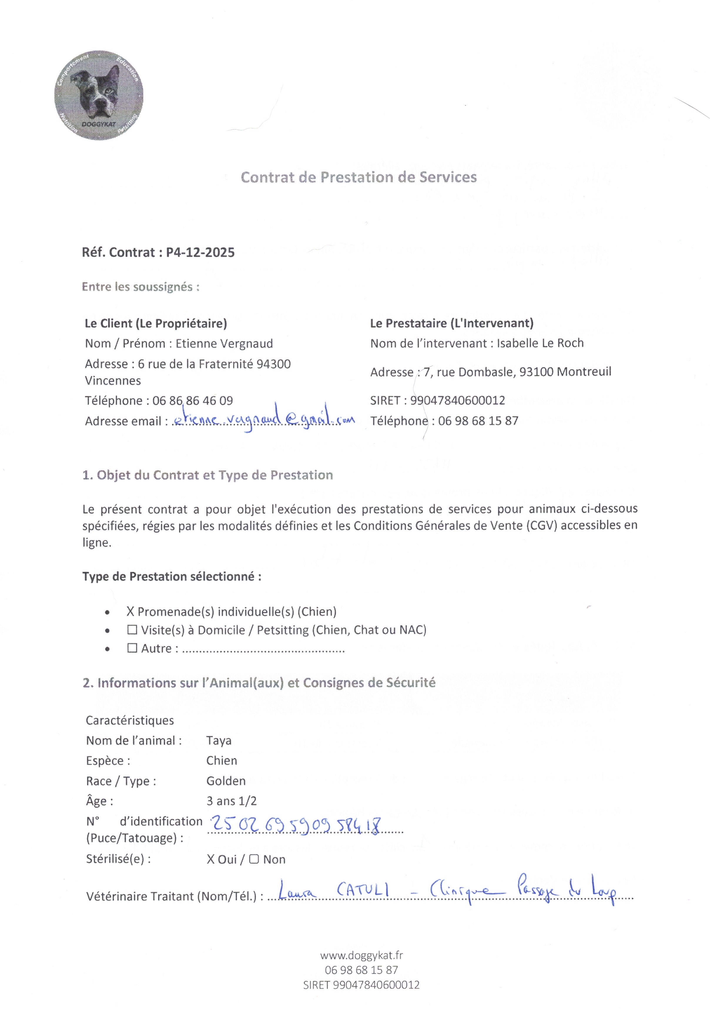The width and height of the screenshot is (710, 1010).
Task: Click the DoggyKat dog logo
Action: (x=99, y=96)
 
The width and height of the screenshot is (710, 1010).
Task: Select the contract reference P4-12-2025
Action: (x=200, y=252)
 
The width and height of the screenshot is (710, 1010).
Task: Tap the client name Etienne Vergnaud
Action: (x=224, y=344)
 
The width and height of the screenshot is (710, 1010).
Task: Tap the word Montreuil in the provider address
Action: (x=584, y=372)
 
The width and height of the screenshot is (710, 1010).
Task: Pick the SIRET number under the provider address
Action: (x=457, y=400)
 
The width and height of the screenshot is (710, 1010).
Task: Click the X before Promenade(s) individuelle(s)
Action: (x=130, y=612)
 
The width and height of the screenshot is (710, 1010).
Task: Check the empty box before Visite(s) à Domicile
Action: (x=132, y=630)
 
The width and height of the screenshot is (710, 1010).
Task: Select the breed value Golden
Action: (x=226, y=781)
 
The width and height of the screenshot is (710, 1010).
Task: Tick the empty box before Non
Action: (x=254, y=859)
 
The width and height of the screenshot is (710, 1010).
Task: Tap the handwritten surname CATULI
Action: (x=363, y=891)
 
